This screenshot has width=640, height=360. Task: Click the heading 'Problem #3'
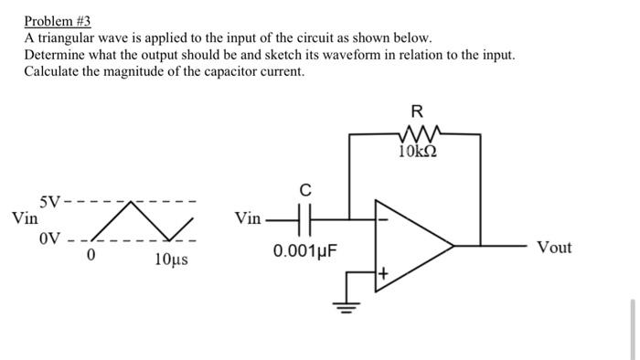pos(58,20)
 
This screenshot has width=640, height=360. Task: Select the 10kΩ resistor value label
pos(417,150)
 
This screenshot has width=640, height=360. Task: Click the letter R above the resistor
pos(417,112)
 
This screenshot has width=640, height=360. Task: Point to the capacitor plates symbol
pos(305,219)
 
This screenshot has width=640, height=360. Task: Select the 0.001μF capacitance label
pos(305,249)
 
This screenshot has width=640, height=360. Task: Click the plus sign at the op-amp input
pos(384,271)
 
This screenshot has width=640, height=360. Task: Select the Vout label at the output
pos(554,248)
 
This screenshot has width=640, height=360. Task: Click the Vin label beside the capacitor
pos(247,219)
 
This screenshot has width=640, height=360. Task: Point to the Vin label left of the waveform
pos(25,219)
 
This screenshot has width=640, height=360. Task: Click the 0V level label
pos(49,239)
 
